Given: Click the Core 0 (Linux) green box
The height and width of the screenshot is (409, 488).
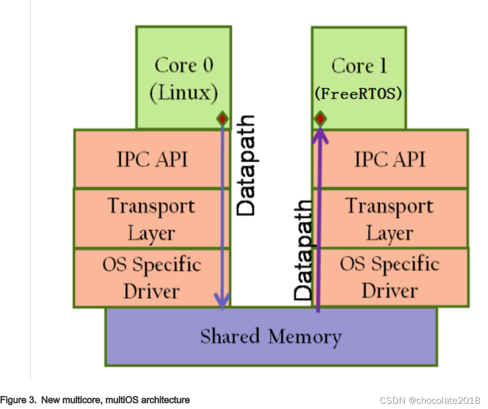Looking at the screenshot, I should pos(183,78).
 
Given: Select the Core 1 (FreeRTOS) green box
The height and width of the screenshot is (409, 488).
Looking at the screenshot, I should pos(359,78).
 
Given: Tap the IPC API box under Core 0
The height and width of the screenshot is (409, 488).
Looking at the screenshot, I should pos(152,159).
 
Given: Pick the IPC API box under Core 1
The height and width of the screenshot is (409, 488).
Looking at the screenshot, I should pos(390,159).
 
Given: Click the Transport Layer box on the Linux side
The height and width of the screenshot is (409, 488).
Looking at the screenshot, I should pos(152,218).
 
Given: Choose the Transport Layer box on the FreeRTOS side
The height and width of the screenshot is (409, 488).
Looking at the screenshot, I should pos(390,218).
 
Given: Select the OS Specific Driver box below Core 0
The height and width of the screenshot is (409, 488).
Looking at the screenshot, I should pos(152,277).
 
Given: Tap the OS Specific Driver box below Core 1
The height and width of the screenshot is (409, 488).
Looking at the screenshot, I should pos(390,277).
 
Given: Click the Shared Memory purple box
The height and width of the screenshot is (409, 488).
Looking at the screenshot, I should pos(271,336).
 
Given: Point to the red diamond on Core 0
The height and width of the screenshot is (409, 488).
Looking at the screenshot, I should pos(222,119).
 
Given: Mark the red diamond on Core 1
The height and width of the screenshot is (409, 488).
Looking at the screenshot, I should pos(320,119).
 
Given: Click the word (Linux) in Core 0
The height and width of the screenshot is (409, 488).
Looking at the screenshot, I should pos(183,93).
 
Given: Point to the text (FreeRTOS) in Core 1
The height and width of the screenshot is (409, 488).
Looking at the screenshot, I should pos(358,94).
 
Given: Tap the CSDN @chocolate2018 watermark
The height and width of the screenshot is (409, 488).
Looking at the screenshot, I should pos(430,401).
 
